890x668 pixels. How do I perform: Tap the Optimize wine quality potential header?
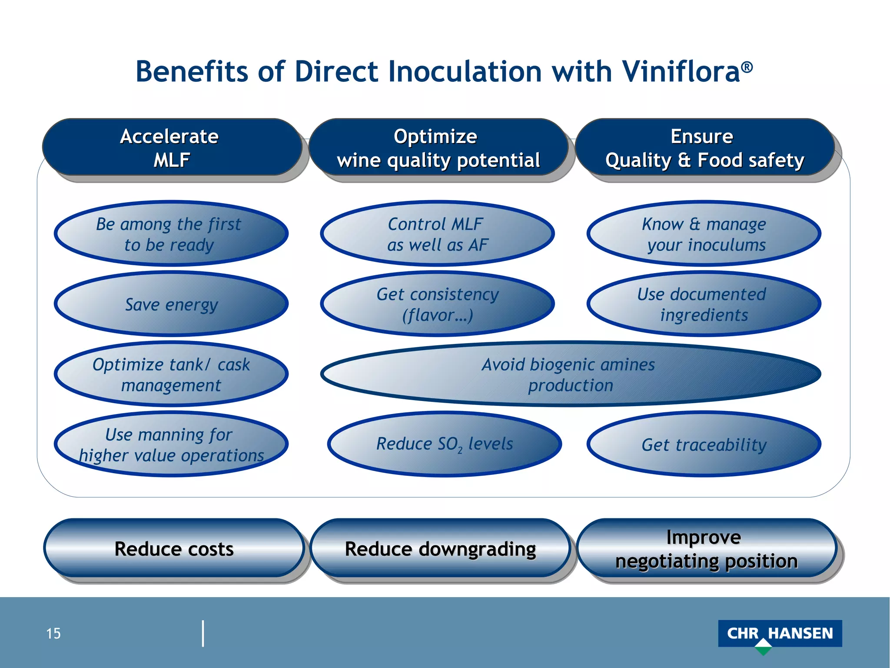pos(438,148)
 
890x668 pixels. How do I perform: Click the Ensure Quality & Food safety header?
pos(704,148)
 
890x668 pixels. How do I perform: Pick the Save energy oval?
pos(171,304)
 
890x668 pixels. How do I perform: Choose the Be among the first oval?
pos(171,234)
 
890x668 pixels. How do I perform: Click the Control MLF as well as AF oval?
pos(437,234)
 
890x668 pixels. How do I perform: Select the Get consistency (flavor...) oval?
pos(437,304)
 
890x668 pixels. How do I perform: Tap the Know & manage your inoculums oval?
pos(704,234)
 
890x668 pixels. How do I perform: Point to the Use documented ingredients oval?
pos(704,304)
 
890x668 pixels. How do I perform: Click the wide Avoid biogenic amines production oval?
pos(570,374)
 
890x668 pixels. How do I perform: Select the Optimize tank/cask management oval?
pos(171,374)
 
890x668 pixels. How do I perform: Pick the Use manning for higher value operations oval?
pos(171,444)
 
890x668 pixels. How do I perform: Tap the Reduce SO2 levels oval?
pos(444,444)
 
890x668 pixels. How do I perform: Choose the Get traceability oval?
pos(704,444)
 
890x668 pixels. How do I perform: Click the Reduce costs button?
pos(174,548)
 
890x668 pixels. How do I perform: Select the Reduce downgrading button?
pos(440,548)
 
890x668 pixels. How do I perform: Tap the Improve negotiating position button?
pos(706,548)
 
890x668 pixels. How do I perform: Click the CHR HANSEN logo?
pos(780,634)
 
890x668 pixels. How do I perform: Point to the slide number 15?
pos(53,634)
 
